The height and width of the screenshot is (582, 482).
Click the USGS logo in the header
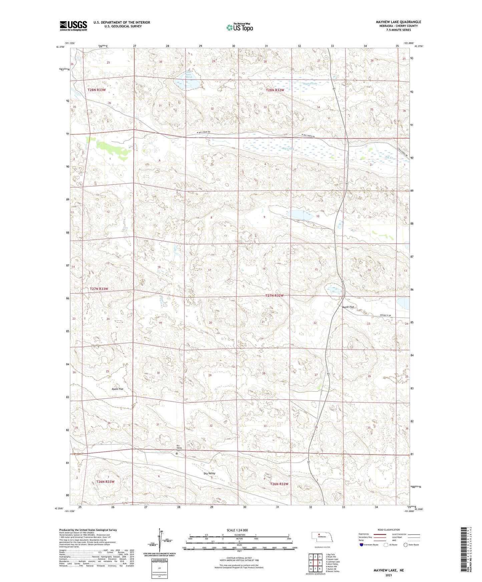73,26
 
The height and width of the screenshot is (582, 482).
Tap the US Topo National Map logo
239,27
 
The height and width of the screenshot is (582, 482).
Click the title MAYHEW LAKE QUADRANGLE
398,22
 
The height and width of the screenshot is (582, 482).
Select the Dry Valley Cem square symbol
177,453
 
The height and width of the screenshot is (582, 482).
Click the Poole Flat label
117,389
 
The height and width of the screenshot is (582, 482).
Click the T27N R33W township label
99,289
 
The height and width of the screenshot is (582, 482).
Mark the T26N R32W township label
279,484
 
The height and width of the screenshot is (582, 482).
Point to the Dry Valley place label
209,473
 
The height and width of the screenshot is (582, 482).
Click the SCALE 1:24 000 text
237,530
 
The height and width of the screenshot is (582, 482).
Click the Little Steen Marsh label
189,75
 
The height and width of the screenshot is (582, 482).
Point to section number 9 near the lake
264,217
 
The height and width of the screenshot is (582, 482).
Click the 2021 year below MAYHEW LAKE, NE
389,575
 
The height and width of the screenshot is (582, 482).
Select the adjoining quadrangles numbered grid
315,562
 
